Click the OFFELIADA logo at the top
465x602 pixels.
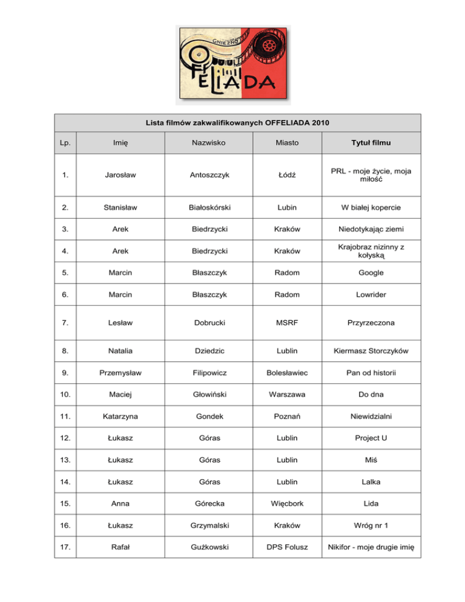232,64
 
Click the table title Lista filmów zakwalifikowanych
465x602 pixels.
233,123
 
